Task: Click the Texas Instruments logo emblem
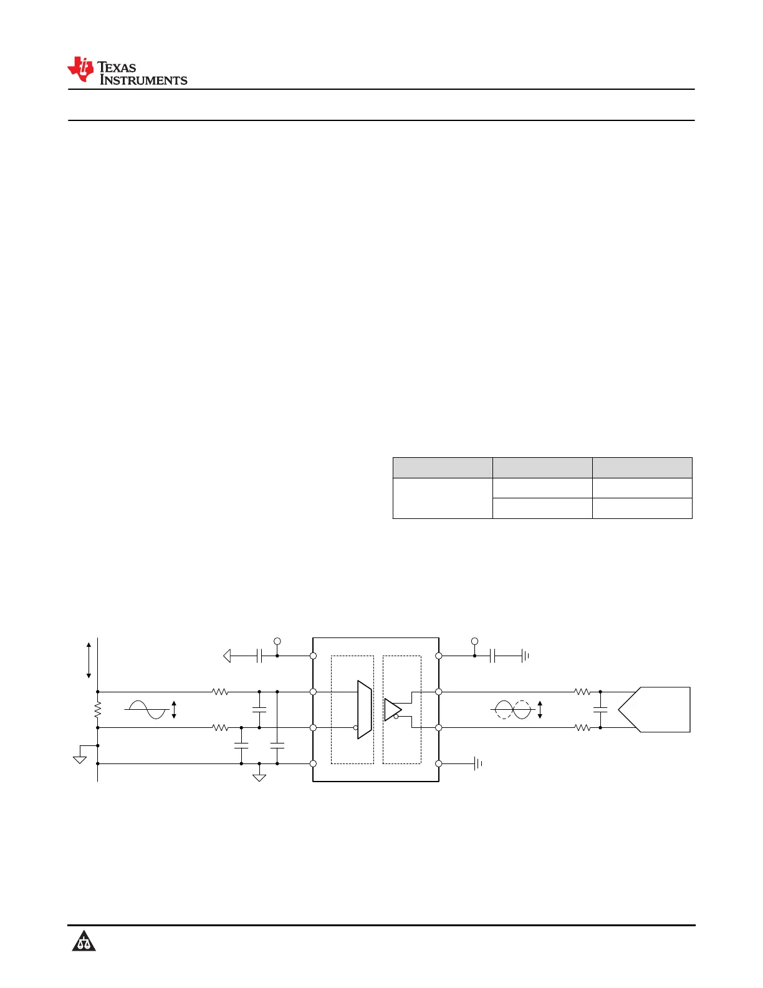[x=80, y=69]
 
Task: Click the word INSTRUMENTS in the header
[x=143, y=80]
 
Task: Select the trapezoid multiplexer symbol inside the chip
[x=365, y=710]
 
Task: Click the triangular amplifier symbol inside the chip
[x=393, y=710]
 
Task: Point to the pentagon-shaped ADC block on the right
[x=654, y=710]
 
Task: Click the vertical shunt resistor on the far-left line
[x=98, y=710]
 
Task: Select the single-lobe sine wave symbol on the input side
[x=146, y=710]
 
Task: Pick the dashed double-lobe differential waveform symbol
[x=512, y=710]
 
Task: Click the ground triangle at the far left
[x=80, y=760]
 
